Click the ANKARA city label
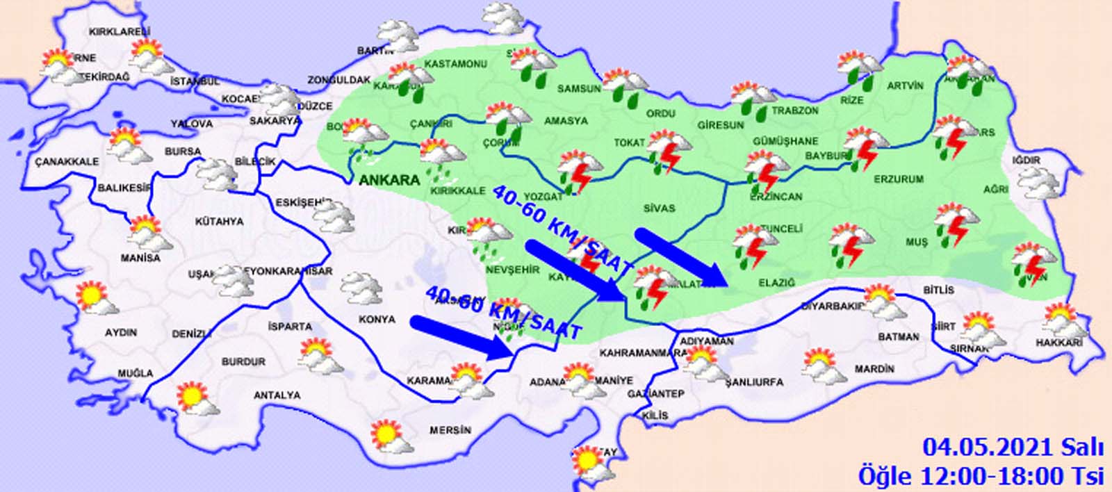389,180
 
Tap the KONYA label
377,319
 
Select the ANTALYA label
277,395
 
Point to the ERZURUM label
898,179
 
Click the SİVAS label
659,208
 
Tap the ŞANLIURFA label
753,382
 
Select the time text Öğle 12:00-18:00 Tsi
981,476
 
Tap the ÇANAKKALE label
67,161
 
